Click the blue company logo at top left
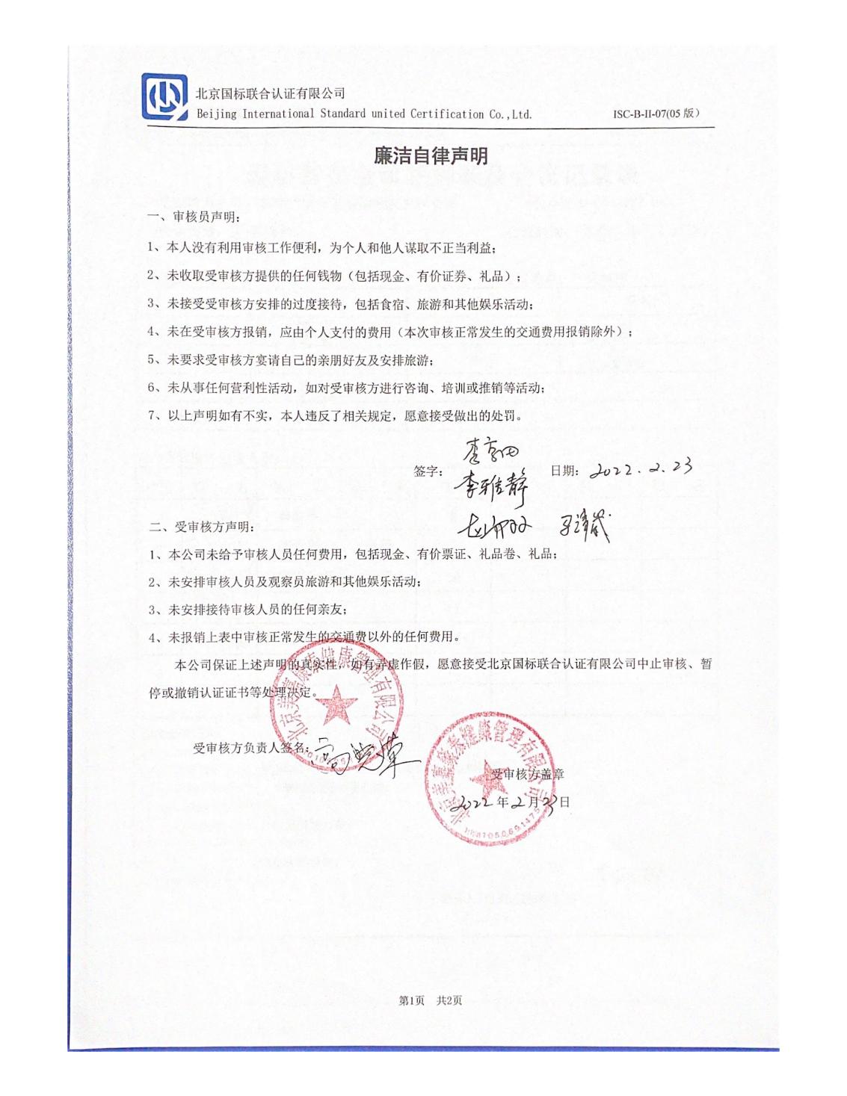(x=164, y=96)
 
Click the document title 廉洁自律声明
(x=431, y=155)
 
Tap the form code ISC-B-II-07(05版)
(x=656, y=114)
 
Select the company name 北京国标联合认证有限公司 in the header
(x=270, y=93)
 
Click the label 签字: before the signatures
(x=428, y=471)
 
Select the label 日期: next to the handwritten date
(x=564, y=471)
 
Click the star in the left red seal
(x=339, y=705)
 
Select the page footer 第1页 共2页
(x=431, y=1000)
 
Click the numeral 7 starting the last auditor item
(x=151, y=416)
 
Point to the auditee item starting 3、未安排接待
(x=247, y=609)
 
